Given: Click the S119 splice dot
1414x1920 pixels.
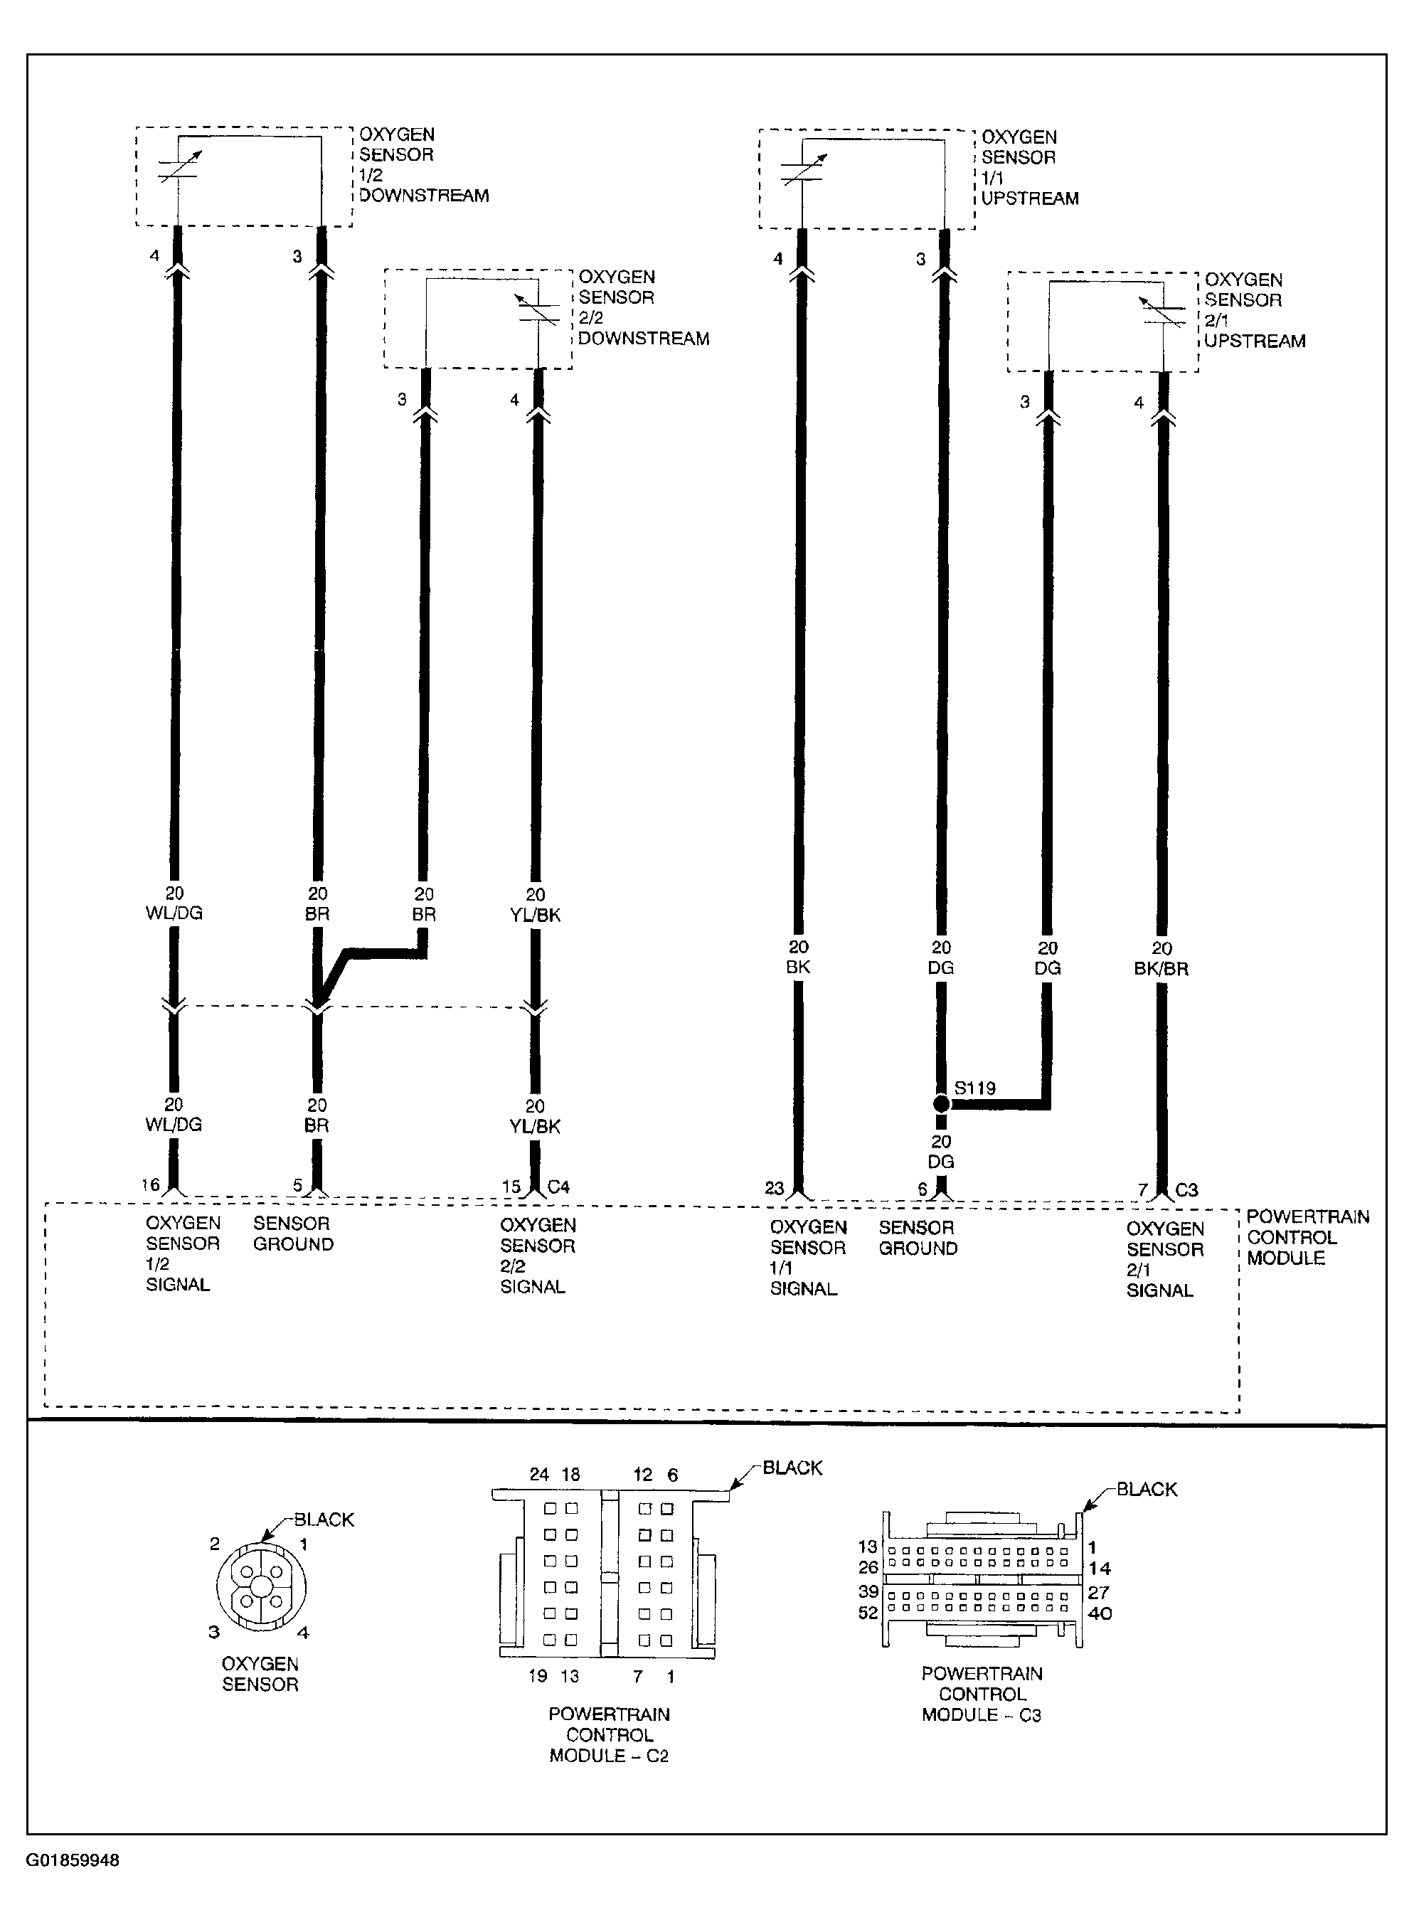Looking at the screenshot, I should click(941, 1104).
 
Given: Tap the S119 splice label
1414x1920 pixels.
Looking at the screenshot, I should click(975, 1088).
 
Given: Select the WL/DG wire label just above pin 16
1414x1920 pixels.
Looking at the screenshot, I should click(174, 1124).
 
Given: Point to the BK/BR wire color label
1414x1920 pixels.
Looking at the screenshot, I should click(1161, 969).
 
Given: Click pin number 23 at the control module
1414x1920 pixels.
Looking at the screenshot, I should click(774, 1188).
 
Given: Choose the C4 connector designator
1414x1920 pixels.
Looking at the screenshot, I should click(558, 1187).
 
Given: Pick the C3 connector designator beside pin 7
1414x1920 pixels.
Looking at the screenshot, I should click(1186, 1190).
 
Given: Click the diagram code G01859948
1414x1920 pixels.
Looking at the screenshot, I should click(72, 1860).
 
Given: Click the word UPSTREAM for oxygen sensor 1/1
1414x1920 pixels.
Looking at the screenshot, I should click(1030, 198).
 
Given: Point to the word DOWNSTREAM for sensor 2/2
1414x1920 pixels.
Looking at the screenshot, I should click(644, 339).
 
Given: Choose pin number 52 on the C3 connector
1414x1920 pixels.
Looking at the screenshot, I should click(868, 1613).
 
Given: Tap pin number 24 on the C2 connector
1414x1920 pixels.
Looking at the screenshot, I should click(538, 1474).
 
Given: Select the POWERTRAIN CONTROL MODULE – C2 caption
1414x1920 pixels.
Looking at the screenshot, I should click(610, 1735).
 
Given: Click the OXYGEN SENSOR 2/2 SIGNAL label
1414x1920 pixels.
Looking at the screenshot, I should click(538, 1256).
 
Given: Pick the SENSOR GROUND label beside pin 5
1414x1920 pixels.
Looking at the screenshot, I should click(293, 1234).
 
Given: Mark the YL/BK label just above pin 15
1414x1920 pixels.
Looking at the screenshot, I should click(535, 1127).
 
